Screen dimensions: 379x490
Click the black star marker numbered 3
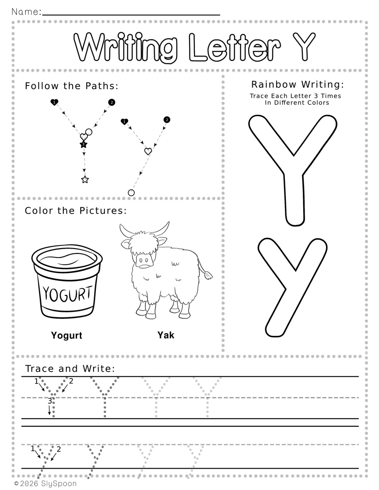pyautogui.click(x=83, y=144)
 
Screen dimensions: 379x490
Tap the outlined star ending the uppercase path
pyautogui.click(x=85, y=180)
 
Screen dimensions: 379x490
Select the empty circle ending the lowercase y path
pyautogui.click(x=132, y=193)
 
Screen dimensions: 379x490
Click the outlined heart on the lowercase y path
pyautogui.click(x=148, y=151)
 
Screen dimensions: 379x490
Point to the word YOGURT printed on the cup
pyautogui.click(x=68, y=294)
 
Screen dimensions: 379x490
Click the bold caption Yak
pyautogui.click(x=166, y=335)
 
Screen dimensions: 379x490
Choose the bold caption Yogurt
pyautogui.click(x=66, y=335)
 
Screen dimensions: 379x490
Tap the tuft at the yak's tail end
pyautogui.click(x=208, y=276)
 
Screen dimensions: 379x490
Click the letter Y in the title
pyautogui.click(x=304, y=46)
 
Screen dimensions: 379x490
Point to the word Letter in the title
pyautogui.click(x=235, y=47)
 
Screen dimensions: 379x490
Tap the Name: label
pyautogui.click(x=26, y=12)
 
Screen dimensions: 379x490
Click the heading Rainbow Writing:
pyautogui.click(x=298, y=84)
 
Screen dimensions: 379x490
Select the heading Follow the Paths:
pyautogui.click(x=72, y=86)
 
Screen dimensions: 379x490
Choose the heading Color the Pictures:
pyautogui.click(x=76, y=211)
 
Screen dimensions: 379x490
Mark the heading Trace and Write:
pyautogui.click(x=70, y=369)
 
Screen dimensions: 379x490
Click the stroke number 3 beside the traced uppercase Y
pyautogui.click(x=50, y=401)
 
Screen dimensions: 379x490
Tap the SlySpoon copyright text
pyautogui.click(x=45, y=484)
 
